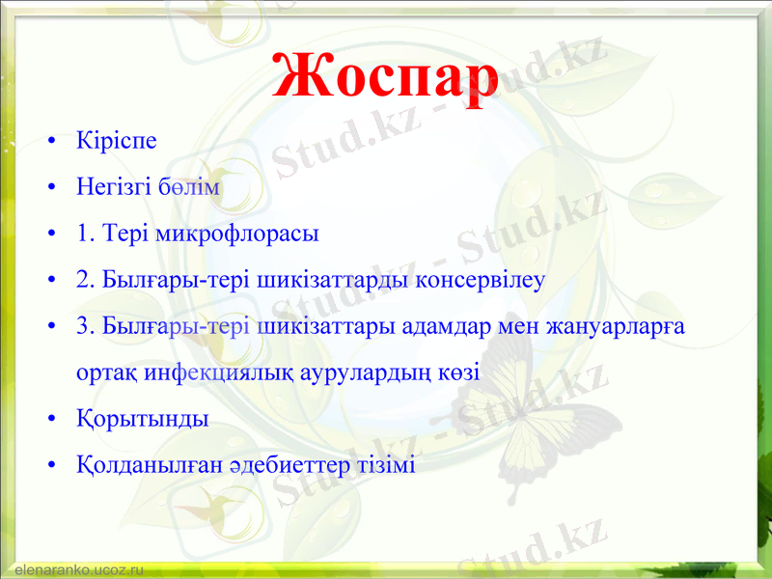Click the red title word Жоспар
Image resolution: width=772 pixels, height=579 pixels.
coord(384,75)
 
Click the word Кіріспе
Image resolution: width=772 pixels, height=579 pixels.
coord(116,141)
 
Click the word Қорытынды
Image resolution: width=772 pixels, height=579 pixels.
coord(142,420)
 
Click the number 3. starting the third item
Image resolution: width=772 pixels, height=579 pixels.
coord(85,326)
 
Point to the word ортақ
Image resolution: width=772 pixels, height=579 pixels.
coord(105,373)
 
